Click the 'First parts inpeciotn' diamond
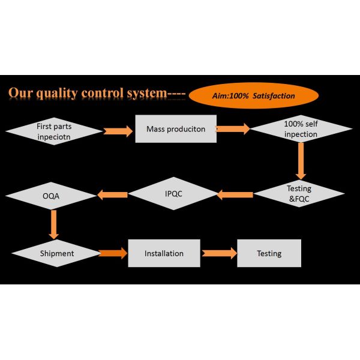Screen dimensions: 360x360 coord(55,130)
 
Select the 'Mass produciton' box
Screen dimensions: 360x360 coord(175,129)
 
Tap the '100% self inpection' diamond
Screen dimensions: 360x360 coord(301,130)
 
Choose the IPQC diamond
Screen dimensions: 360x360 coord(173,194)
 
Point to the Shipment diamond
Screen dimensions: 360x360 coord(57,253)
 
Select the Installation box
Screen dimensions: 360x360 coord(164,253)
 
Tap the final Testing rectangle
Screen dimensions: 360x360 coord(269,253)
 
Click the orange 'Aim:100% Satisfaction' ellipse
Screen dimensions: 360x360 coord(254,95)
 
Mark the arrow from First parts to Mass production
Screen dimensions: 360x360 coord(118,130)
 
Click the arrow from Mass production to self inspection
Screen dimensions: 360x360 coord(233,128)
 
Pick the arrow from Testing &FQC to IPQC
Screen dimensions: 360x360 coord(235,194)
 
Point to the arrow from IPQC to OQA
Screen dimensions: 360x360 coord(113,194)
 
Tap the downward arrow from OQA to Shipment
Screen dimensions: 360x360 coord(54,224)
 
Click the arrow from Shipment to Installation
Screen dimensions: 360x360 coord(113,253)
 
